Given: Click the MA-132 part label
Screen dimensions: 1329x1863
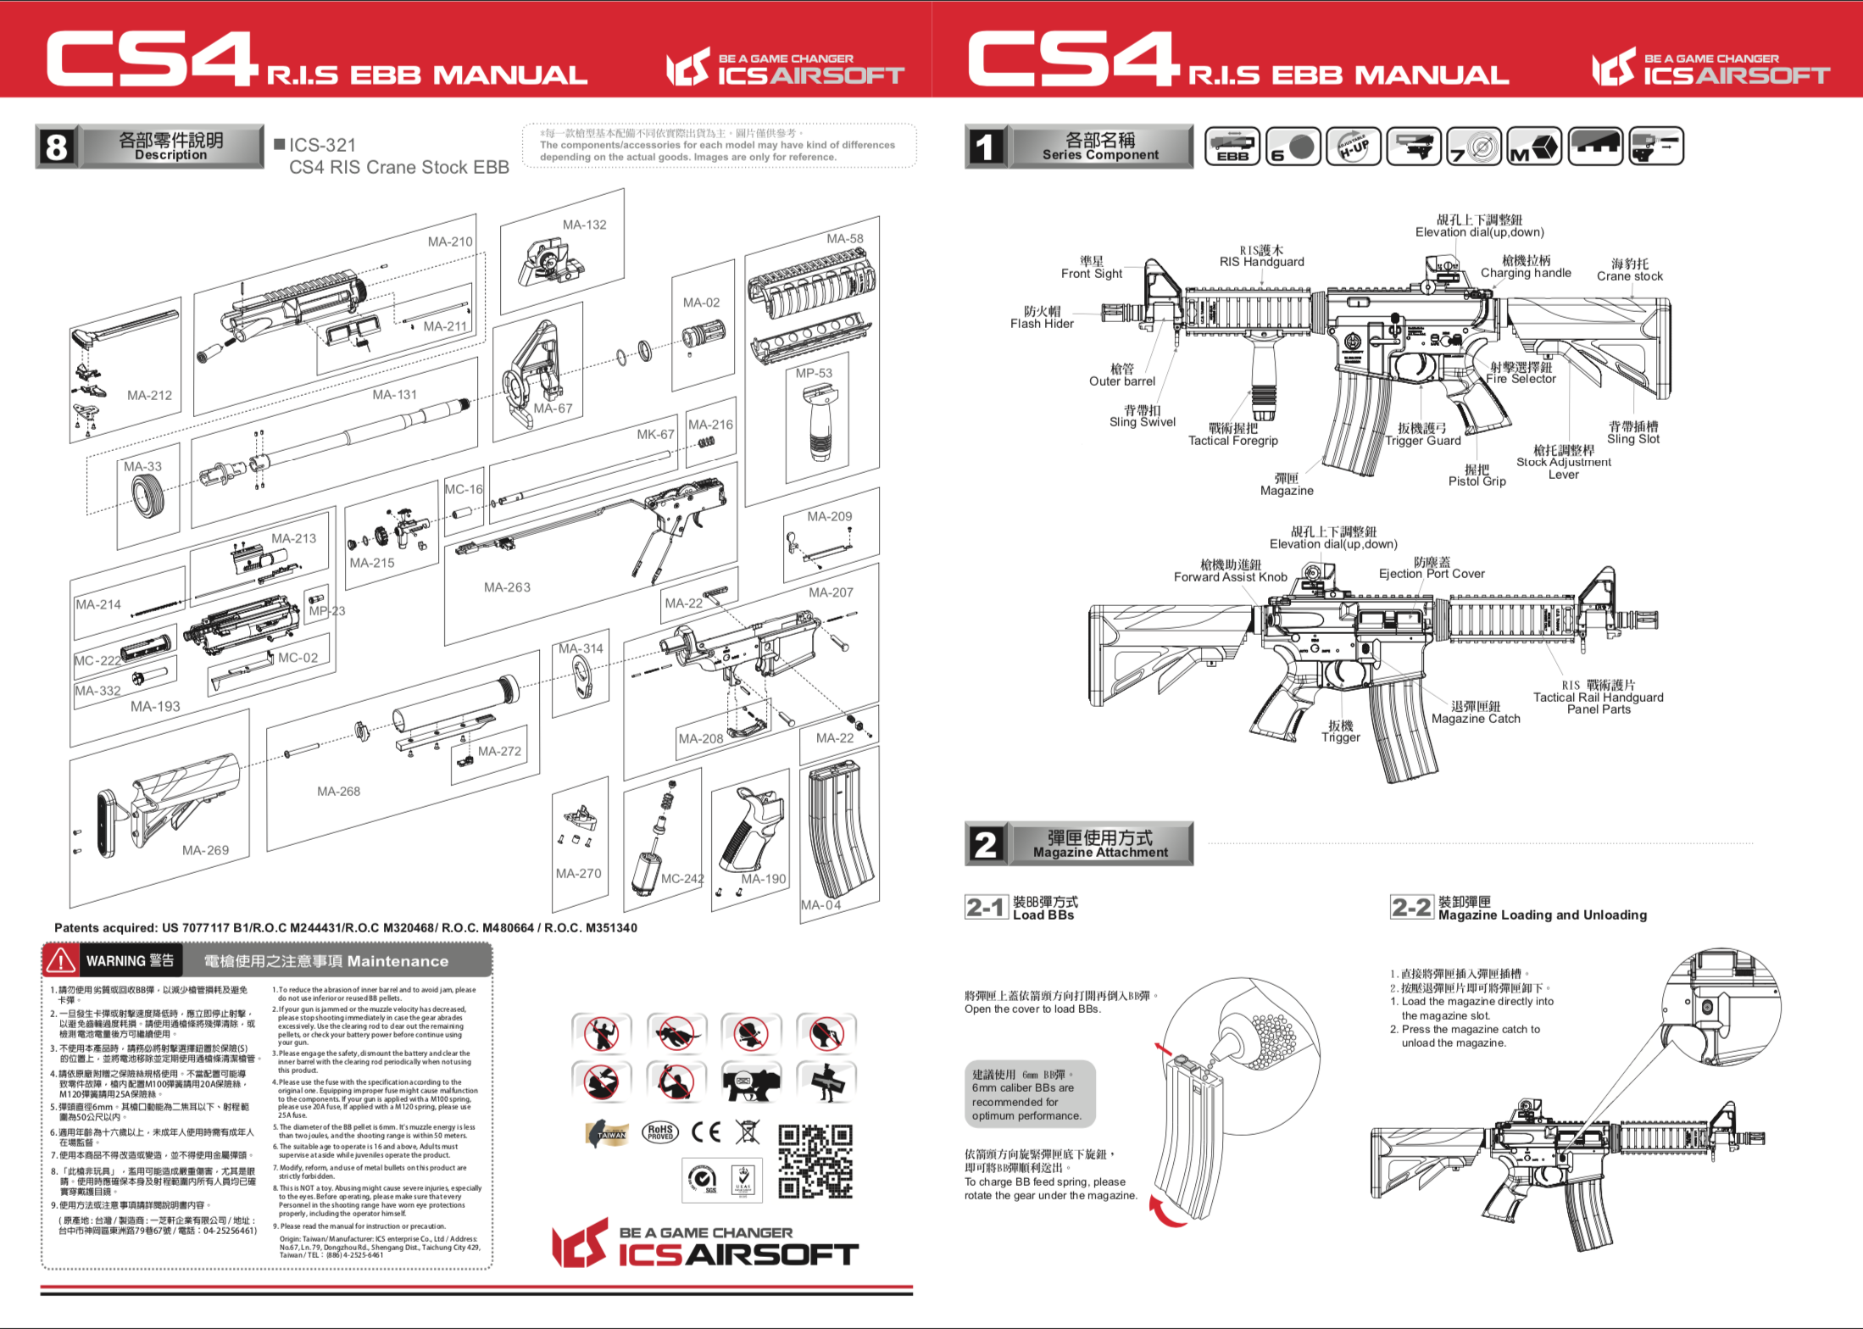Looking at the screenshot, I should (584, 225).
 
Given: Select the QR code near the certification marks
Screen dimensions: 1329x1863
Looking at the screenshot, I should (815, 1160).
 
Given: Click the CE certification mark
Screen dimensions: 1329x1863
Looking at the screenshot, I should (705, 1132).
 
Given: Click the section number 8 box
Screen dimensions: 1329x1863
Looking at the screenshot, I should (56, 147).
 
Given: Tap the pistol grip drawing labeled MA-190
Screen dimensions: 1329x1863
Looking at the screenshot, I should (749, 831).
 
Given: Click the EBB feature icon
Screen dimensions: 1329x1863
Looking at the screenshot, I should (1232, 147).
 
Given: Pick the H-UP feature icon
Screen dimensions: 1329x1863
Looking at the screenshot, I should (1354, 147).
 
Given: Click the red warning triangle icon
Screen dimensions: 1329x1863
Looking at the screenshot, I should (61, 960).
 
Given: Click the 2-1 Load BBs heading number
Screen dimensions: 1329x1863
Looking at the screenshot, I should (986, 908).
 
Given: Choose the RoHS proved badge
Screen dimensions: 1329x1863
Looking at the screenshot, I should (660, 1132).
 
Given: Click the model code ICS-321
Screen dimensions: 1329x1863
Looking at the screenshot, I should (322, 145).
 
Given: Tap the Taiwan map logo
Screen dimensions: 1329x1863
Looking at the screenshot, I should (608, 1133).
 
